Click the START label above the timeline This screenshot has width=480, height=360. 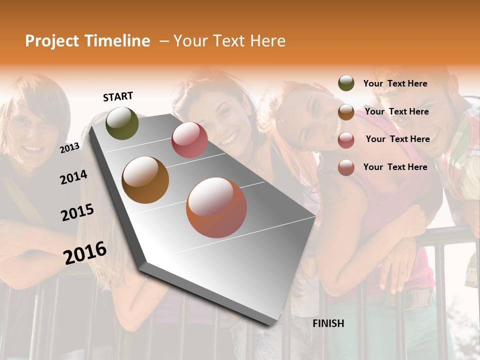pos(118,96)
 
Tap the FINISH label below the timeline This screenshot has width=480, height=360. pos(328,323)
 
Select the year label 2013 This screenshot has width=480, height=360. pos(70,147)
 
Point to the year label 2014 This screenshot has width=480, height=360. pos(74,177)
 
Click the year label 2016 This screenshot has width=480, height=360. pos(85,252)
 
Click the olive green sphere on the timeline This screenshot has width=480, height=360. pos(122,123)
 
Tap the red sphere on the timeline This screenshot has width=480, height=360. pos(189,140)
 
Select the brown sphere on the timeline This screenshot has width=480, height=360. pos(145,179)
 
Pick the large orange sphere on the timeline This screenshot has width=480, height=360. pos(216,207)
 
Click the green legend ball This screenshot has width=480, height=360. pos(346,83)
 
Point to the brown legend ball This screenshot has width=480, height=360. pos(346,112)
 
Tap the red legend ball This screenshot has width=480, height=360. pos(346,140)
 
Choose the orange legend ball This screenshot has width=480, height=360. pos(346,167)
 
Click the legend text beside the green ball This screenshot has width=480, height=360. pos(395,83)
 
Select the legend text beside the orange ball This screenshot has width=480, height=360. pos(395,167)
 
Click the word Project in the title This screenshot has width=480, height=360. pos(52,41)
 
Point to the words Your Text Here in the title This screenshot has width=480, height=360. pos(229,41)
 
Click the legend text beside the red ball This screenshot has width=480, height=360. pos(397,139)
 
